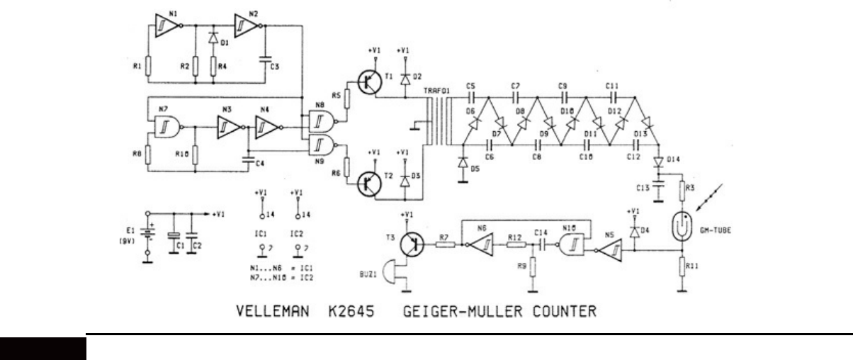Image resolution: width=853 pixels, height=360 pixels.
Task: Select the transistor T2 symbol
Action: tap(367, 183)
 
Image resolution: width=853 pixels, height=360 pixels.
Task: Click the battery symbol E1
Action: tap(147, 232)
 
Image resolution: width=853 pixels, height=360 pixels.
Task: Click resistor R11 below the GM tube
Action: tap(681, 267)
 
